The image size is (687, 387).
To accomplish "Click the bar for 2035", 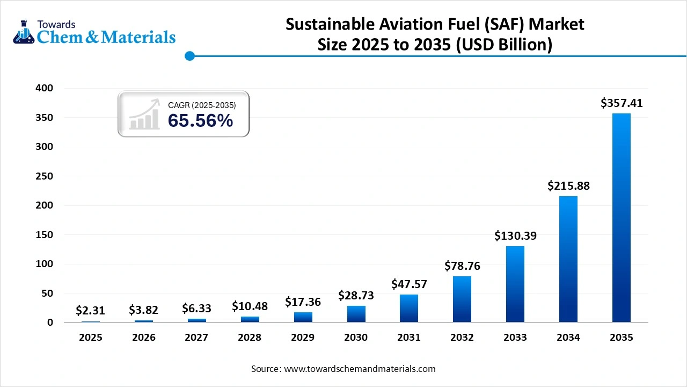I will pyautogui.click(x=621, y=218).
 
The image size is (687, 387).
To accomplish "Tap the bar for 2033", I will pyautogui.click(x=515, y=284).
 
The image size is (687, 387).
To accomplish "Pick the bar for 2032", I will pyautogui.click(x=462, y=299).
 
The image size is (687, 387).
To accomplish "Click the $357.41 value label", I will pyautogui.click(x=621, y=103).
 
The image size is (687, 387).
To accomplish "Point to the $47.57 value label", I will pyautogui.click(x=408, y=283).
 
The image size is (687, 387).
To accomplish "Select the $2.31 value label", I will pyautogui.click(x=90, y=310).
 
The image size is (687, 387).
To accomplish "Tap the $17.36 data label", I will pyautogui.click(x=302, y=302).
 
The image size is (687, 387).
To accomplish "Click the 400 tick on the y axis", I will pyautogui.click(x=45, y=88).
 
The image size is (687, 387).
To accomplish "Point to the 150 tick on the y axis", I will pyautogui.click(x=45, y=235).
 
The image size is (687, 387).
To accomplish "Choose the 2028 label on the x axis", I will pyautogui.click(x=249, y=338).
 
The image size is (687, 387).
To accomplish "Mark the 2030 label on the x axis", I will pyautogui.click(x=355, y=338).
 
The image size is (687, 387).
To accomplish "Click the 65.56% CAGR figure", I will pyautogui.click(x=200, y=121).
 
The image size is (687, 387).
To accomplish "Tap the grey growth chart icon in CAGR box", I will pyautogui.click(x=144, y=114).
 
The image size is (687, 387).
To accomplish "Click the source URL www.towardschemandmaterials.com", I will pyautogui.click(x=359, y=369).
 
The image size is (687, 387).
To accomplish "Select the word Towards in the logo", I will pyautogui.click(x=56, y=24).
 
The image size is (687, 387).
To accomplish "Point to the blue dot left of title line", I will pyautogui.click(x=189, y=56).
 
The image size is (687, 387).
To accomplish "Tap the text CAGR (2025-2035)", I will pyautogui.click(x=202, y=105).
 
